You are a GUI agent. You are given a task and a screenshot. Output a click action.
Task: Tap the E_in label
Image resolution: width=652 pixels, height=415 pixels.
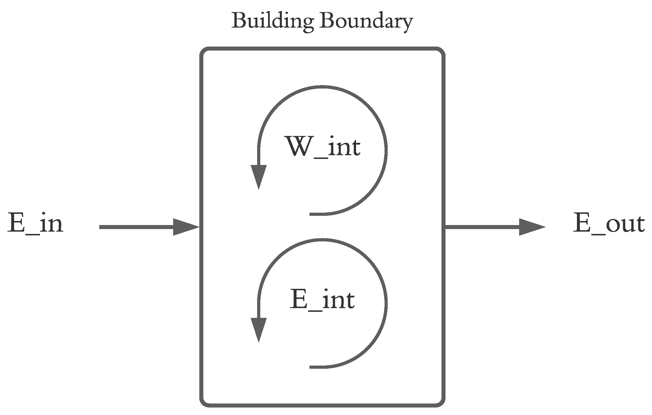click(35, 223)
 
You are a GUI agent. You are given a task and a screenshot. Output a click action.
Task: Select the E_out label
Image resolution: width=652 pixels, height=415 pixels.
click(609, 223)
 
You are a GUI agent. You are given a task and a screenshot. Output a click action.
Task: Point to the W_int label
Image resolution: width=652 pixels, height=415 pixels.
click(322, 146)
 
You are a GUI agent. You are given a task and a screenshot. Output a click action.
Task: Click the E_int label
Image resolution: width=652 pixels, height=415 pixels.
click(322, 299)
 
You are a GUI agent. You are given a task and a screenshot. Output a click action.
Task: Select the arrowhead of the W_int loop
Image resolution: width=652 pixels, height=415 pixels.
click(259, 176)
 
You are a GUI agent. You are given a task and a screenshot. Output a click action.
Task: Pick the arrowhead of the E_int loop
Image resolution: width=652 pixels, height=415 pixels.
click(259, 329)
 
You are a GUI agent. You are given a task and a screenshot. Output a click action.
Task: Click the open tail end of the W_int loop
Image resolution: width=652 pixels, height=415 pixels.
click(311, 214)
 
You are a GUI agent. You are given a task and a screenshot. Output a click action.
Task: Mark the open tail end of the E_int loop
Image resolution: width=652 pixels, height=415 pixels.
click(311, 367)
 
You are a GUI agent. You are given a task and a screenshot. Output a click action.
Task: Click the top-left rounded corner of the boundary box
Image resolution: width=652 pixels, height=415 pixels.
click(204, 51)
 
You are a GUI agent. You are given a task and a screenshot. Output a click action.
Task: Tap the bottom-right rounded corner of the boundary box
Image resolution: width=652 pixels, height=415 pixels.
click(441, 403)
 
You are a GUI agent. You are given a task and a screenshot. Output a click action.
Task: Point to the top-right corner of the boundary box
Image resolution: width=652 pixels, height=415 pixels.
click(441, 51)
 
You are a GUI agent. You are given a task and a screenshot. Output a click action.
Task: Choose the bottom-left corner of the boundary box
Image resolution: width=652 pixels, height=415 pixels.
click(204, 403)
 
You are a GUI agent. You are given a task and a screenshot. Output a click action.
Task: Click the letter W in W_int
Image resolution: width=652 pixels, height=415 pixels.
click(296, 146)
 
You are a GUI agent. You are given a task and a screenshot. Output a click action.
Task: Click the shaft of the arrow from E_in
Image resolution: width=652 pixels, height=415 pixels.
click(135, 227)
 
